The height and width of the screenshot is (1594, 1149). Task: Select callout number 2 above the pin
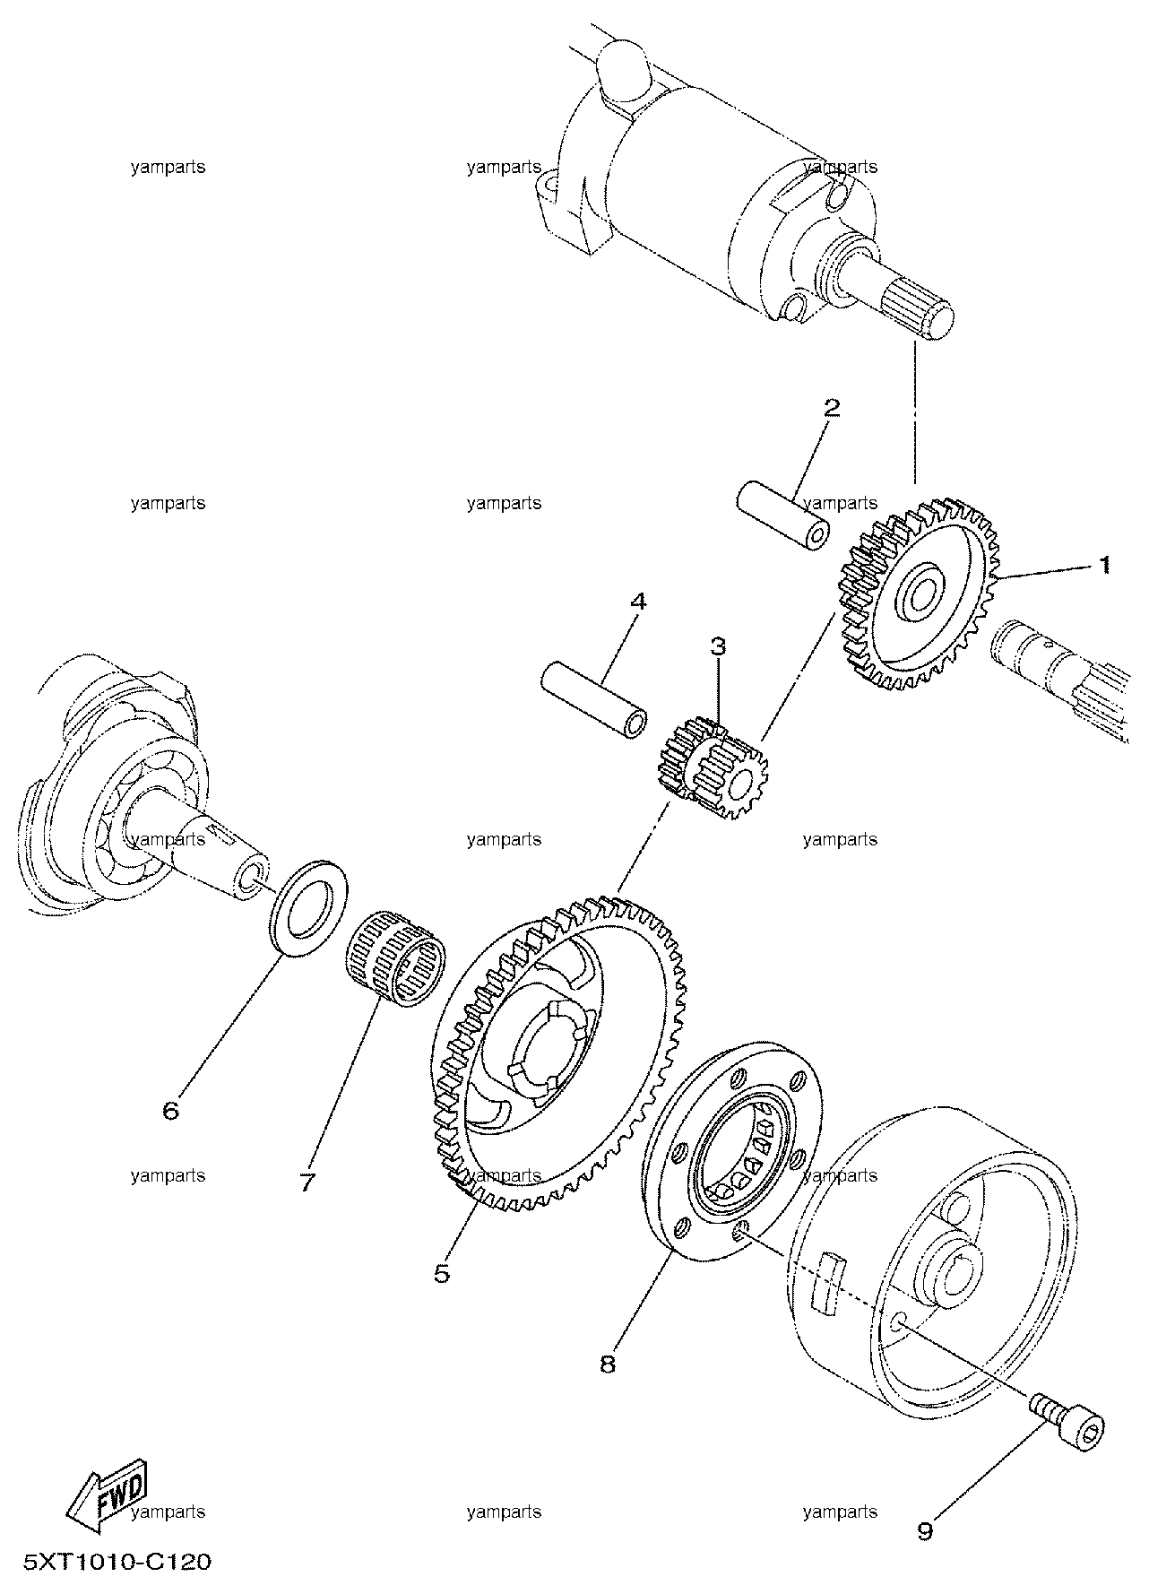(832, 408)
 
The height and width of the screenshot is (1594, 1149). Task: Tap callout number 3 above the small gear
(718, 646)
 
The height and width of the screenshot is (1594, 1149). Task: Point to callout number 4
(637, 602)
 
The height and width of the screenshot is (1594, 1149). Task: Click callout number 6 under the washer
(170, 1111)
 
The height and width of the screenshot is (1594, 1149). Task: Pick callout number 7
(307, 1183)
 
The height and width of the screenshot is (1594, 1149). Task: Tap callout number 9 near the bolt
(925, 1530)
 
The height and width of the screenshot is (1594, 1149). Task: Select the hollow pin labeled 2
(782, 516)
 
